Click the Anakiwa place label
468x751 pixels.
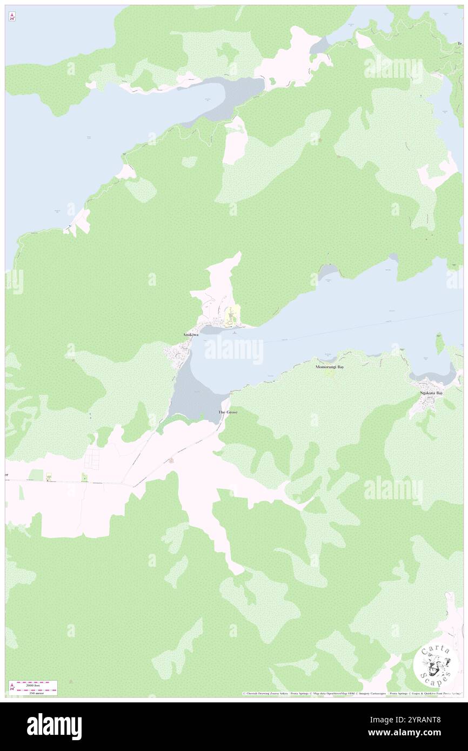[x=190, y=335]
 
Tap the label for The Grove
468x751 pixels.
[x=228, y=412]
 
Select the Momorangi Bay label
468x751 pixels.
[x=330, y=367]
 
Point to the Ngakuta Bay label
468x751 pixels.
[x=432, y=393]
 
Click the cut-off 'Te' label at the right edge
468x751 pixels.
[x=460, y=43]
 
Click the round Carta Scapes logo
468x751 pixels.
[x=435, y=665]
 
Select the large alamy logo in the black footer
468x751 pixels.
[x=55, y=727]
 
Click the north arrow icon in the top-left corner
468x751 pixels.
[x=12, y=17]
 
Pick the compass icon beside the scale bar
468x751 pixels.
[x=12, y=687]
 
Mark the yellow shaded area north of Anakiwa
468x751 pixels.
[x=232, y=316]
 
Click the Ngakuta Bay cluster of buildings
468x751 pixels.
[x=427, y=403]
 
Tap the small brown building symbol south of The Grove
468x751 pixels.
[x=171, y=460]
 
